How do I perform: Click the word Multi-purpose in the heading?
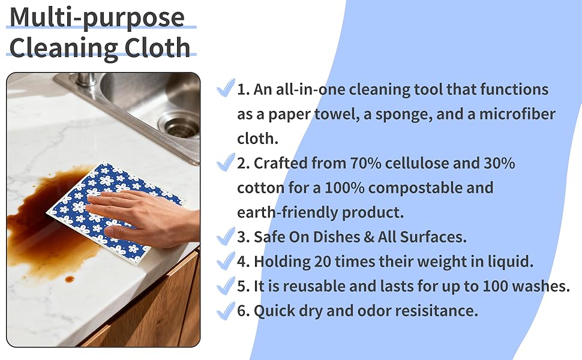tap(97, 18)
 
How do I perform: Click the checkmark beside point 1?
tap(226, 89)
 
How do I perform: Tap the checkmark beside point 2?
tap(226, 162)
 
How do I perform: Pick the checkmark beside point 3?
tap(226, 236)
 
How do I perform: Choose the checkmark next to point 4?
tap(226, 261)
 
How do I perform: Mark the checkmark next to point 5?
tap(226, 286)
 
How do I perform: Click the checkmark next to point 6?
tap(226, 310)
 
